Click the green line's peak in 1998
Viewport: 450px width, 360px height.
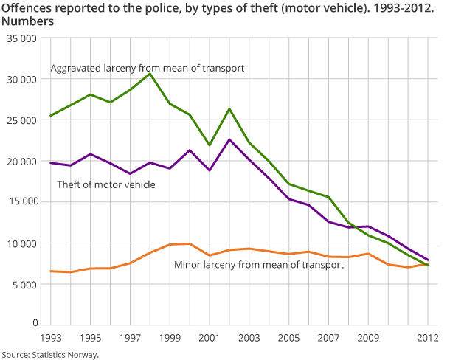click(x=150, y=74)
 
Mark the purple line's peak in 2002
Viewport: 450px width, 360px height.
click(x=229, y=139)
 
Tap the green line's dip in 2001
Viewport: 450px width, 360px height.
click(x=210, y=145)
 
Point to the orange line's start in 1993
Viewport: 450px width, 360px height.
click(x=50, y=271)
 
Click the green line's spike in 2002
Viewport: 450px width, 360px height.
click(x=229, y=108)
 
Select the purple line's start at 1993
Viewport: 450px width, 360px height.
click(x=50, y=162)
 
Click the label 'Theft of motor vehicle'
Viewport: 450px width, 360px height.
click(x=105, y=184)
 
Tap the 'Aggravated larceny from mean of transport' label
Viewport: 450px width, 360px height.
click(x=147, y=69)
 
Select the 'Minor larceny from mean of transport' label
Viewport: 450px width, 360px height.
click(x=258, y=264)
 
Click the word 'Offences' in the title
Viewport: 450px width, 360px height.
click(x=27, y=7)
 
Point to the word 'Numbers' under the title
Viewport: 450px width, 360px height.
click(x=27, y=21)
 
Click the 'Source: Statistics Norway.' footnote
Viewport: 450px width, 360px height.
click(x=49, y=354)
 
